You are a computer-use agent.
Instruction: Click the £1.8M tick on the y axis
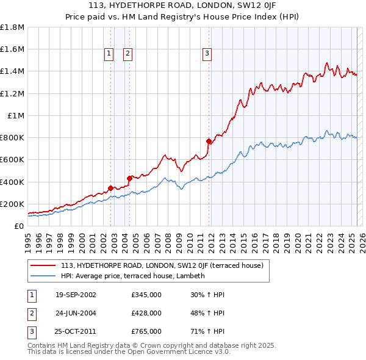click(x=12, y=27)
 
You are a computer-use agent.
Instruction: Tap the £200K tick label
click(x=12, y=204)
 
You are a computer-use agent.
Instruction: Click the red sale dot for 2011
click(x=209, y=142)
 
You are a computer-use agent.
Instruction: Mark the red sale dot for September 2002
click(x=110, y=188)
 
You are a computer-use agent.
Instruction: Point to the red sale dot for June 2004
click(x=129, y=179)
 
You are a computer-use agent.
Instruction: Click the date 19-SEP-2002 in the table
click(x=76, y=295)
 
